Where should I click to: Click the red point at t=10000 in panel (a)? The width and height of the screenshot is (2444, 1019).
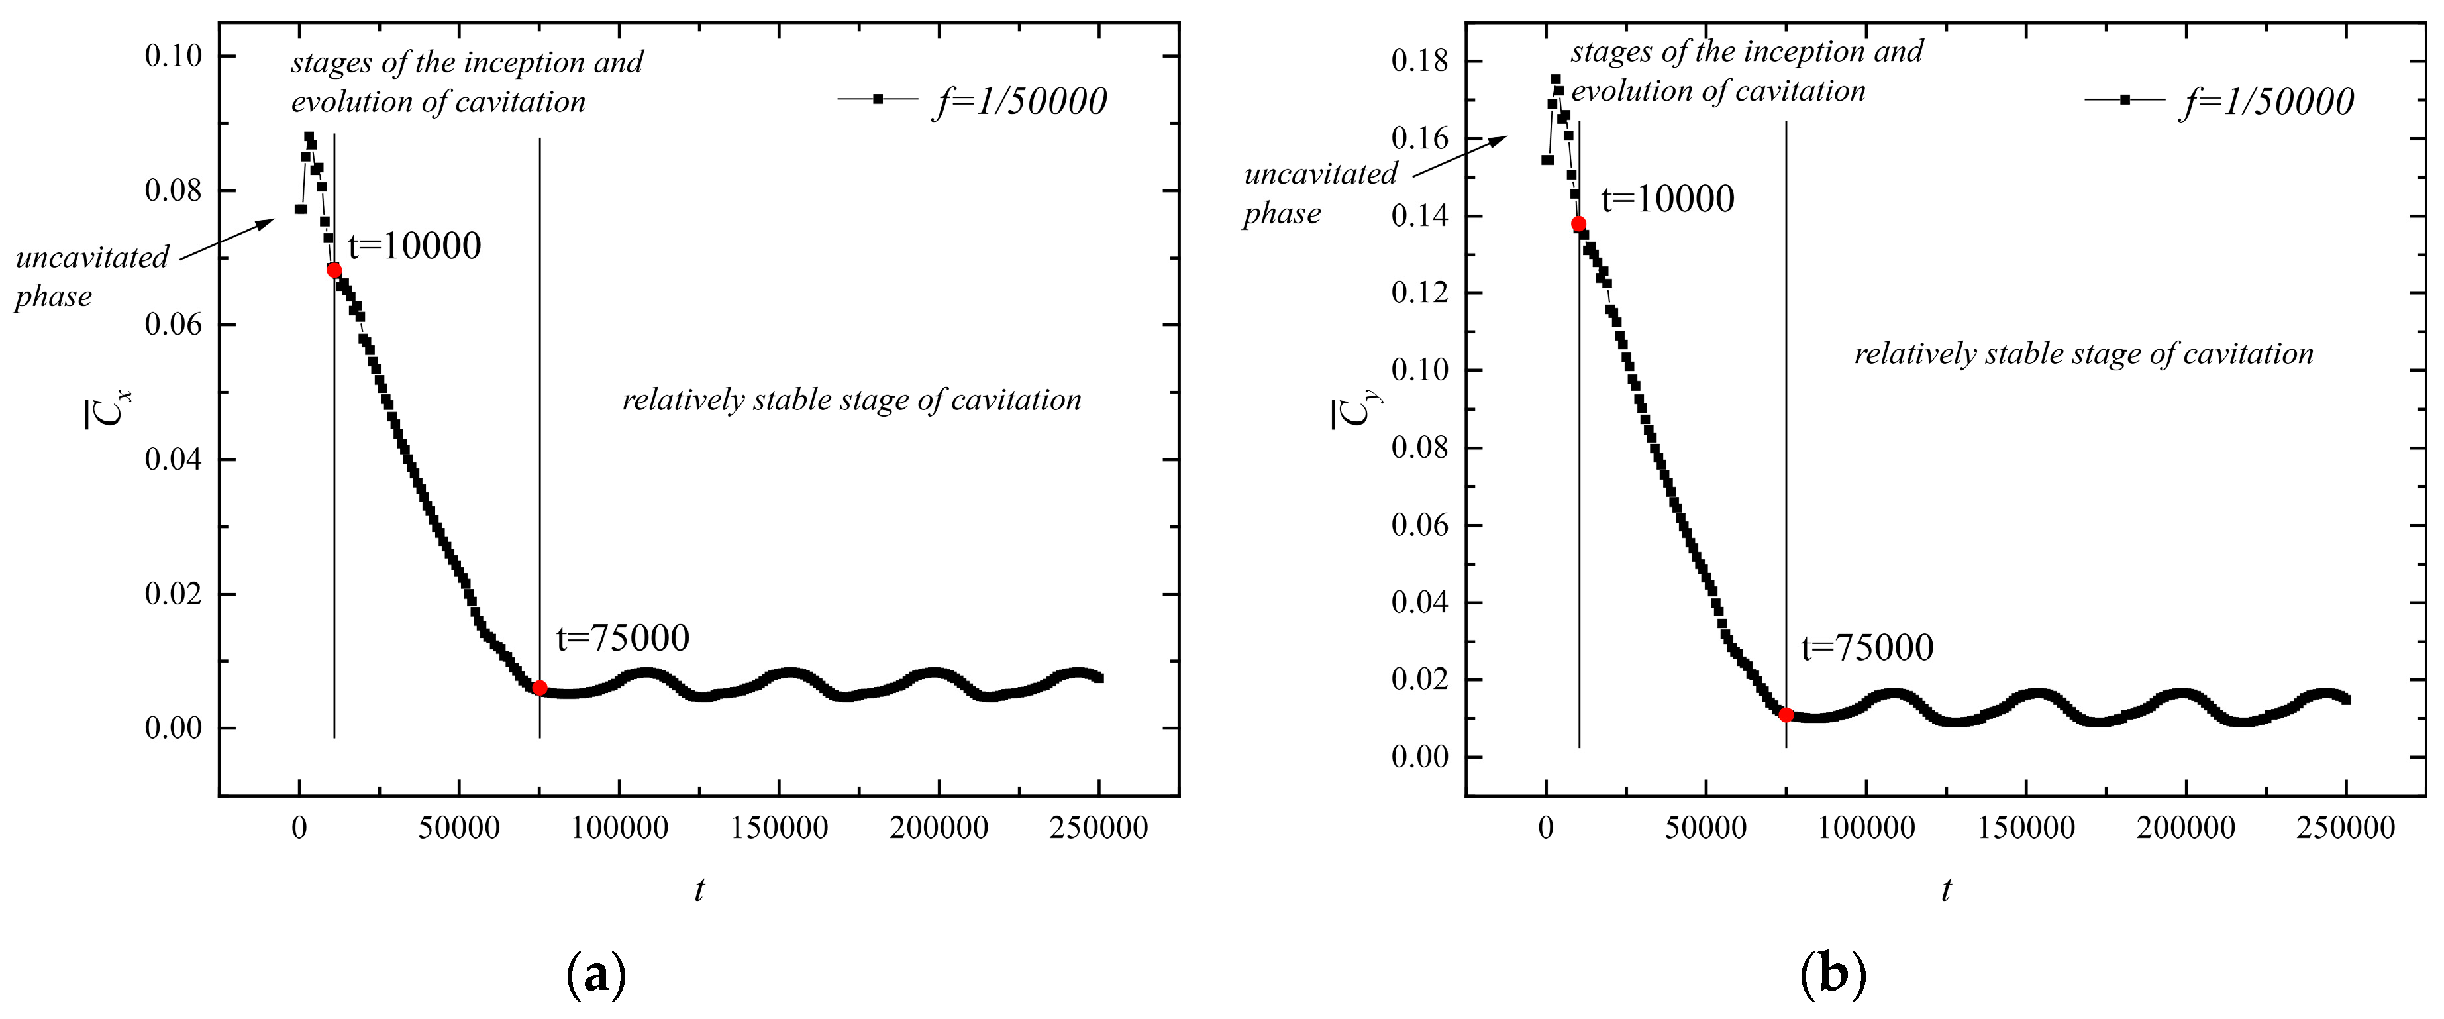tap(334, 270)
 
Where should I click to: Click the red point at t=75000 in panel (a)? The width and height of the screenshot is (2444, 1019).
tap(540, 688)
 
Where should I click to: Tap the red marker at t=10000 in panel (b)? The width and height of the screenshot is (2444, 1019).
tap(1579, 224)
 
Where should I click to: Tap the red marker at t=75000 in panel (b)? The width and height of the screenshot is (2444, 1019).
tap(1786, 714)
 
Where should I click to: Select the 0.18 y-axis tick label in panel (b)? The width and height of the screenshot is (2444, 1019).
tap(1420, 62)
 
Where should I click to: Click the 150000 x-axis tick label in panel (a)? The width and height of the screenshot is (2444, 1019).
tap(779, 828)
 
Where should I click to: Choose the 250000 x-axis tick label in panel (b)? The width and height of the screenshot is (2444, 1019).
tap(2346, 828)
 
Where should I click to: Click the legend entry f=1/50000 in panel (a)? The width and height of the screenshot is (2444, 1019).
tap(1019, 101)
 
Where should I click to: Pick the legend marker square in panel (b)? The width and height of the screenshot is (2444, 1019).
tap(2125, 99)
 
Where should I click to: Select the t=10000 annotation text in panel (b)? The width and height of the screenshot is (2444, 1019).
tap(1667, 199)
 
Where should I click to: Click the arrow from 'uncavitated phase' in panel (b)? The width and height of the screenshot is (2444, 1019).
tap(1460, 156)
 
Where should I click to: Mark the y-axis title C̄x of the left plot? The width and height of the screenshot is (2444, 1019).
tap(108, 408)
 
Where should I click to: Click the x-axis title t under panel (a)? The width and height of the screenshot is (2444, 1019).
tap(699, 889)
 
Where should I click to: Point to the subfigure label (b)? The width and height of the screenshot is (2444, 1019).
tap(1832, 975)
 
